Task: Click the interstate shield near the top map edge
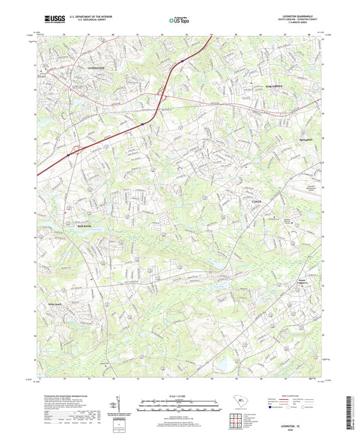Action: coord(182,61)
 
